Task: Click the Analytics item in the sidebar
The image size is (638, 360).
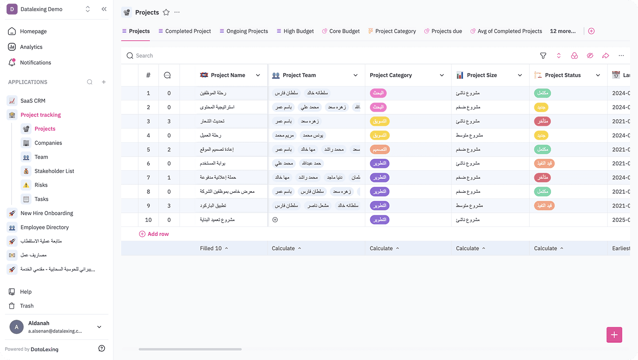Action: (31, 47)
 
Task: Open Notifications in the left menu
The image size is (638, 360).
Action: (35, 63)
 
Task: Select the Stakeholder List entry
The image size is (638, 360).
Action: (54, 171)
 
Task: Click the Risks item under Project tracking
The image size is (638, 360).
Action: (41, 185)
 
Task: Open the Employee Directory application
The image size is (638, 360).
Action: (44, 227)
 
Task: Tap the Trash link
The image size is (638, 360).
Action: (27, 306)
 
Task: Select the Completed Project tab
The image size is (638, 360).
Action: (188, 31)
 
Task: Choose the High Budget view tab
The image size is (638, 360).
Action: (298, 31)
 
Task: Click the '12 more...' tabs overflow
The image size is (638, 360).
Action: (563, 31)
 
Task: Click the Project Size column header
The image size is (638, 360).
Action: (482, 75)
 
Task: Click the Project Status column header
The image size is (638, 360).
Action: (562, 75)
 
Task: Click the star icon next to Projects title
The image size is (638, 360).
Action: (166, 12)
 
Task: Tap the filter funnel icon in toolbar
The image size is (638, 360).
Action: (543, 56)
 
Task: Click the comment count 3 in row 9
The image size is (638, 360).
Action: (169, 206)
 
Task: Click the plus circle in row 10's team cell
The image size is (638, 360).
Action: (275, 220)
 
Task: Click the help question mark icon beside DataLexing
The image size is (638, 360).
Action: (102, 349)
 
